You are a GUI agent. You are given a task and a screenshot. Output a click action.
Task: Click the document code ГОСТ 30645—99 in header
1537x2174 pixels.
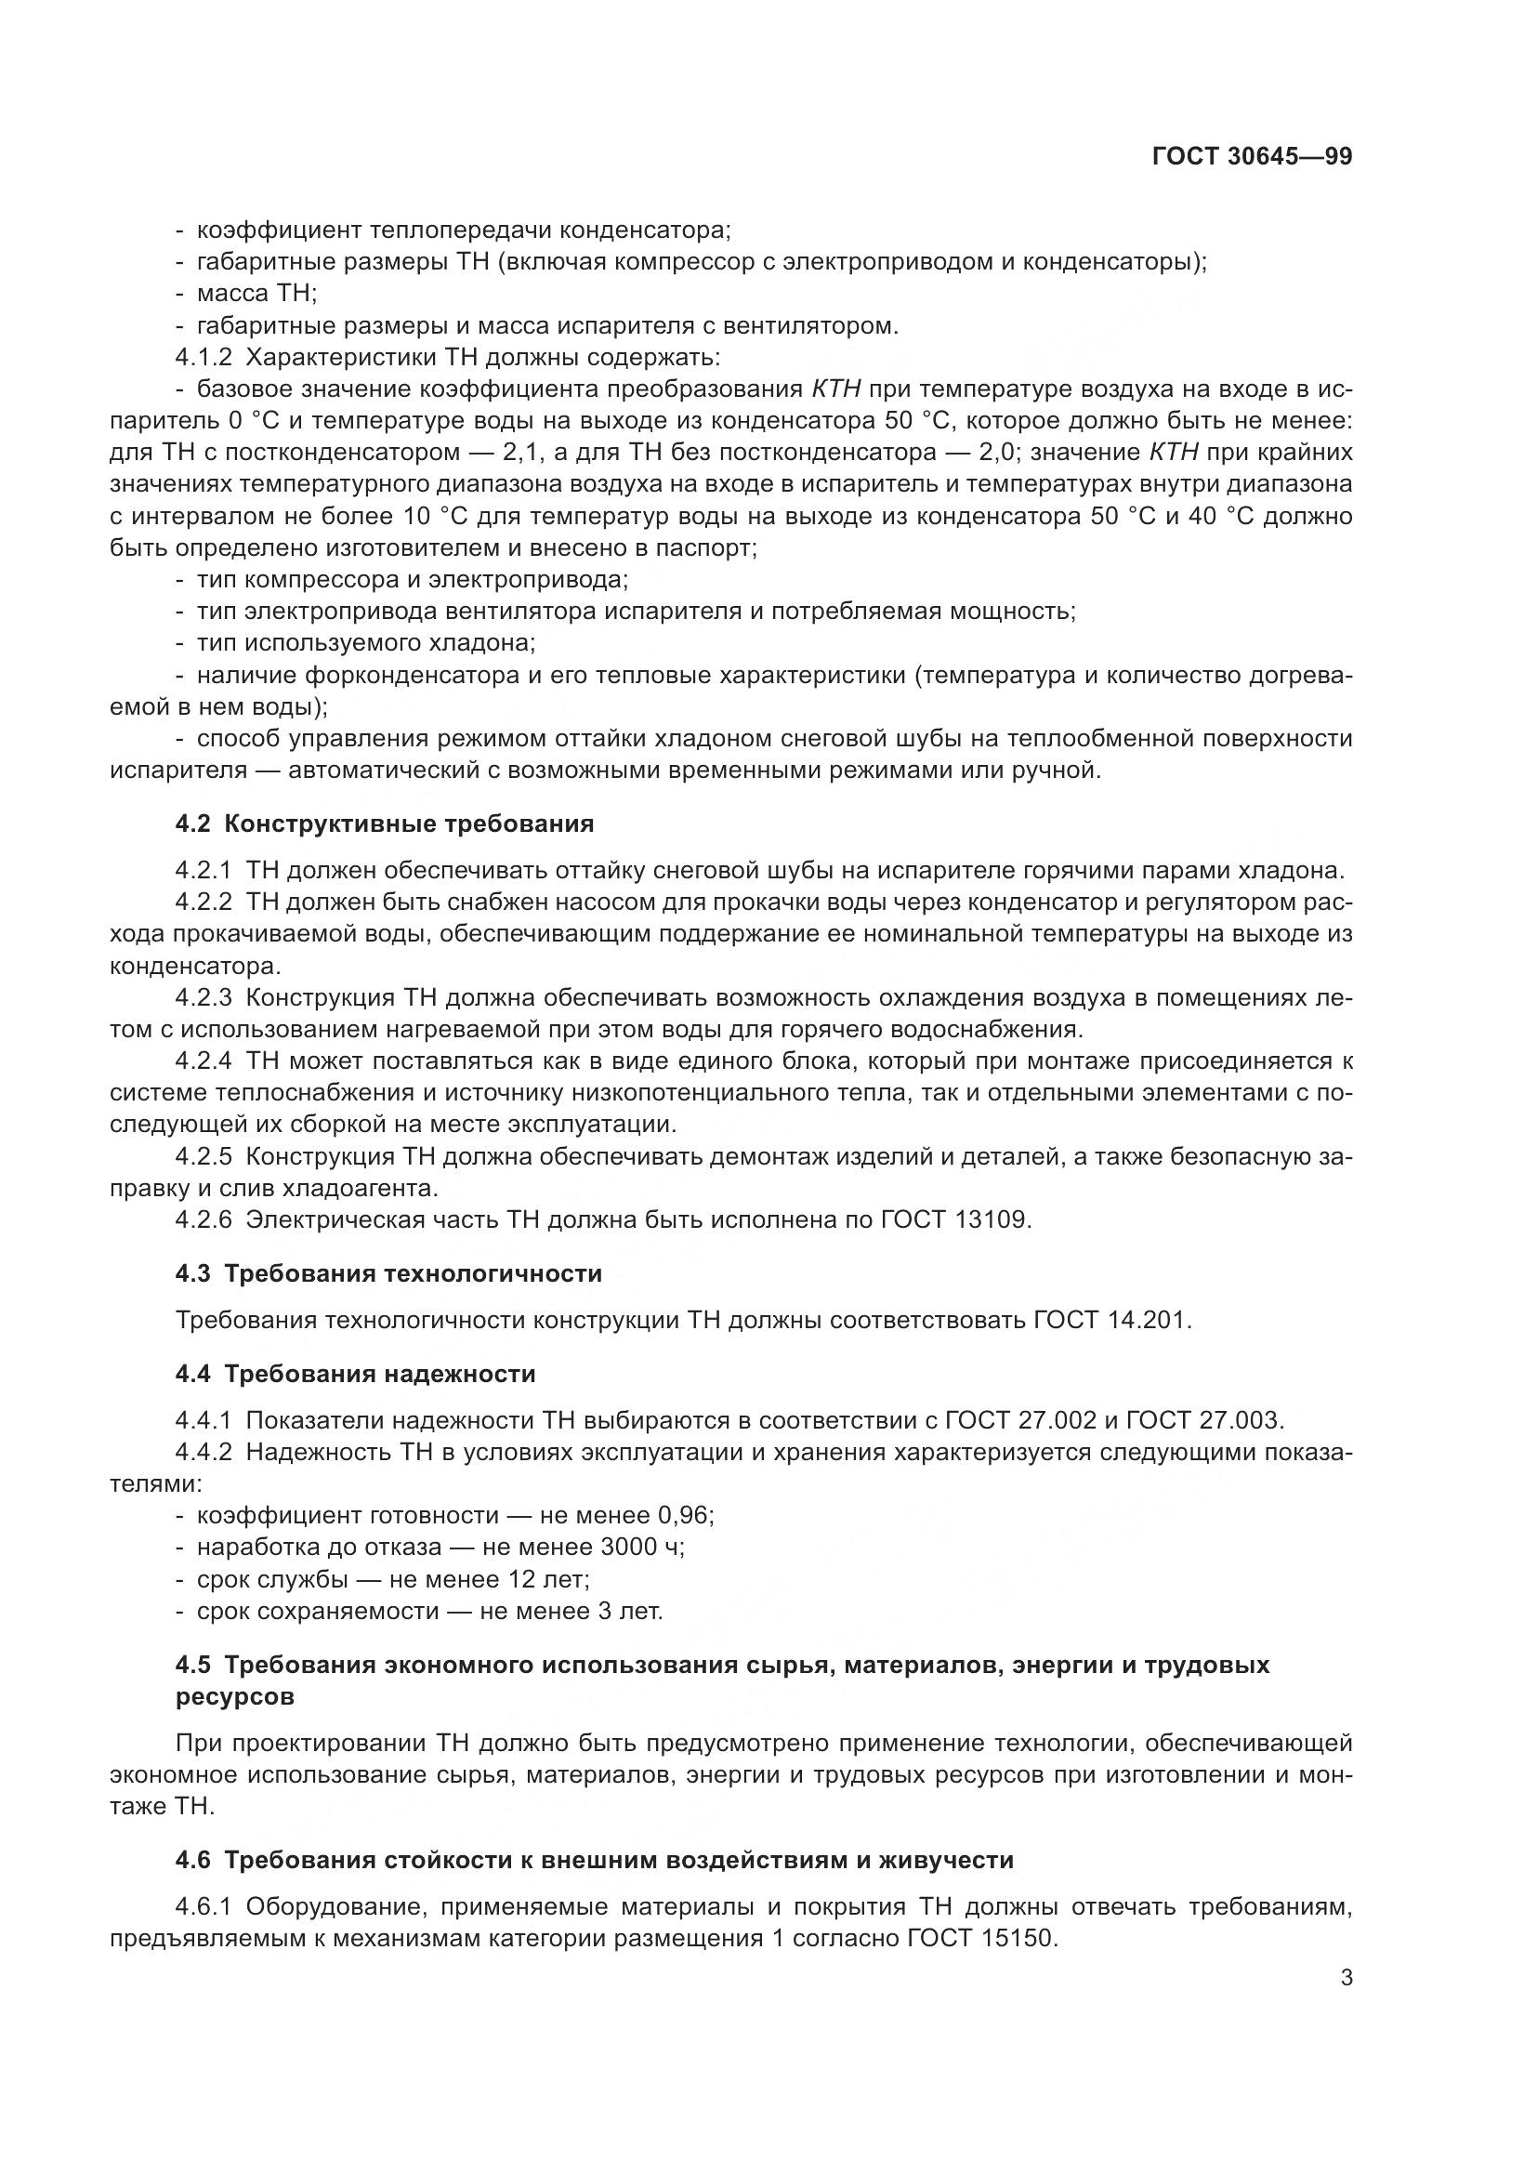tap(1251, 157)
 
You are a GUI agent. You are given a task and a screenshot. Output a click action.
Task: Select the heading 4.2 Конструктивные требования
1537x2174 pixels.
tap(385, 823)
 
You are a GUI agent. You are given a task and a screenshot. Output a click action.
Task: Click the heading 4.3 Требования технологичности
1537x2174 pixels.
tap(388, 1273)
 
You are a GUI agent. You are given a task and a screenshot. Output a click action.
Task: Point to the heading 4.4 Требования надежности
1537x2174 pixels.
tap(355, 1374)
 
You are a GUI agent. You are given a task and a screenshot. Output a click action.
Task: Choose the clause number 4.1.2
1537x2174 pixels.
tap(203, 358)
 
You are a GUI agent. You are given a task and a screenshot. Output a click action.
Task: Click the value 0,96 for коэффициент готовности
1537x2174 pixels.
tap(682, 1516)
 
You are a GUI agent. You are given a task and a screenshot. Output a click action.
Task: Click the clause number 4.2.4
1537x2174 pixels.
tap(203, 1061)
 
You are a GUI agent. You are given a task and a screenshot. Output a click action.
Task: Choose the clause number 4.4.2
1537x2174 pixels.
tap(203, 1453)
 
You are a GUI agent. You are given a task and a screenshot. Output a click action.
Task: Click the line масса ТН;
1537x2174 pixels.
tap(256, 294)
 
